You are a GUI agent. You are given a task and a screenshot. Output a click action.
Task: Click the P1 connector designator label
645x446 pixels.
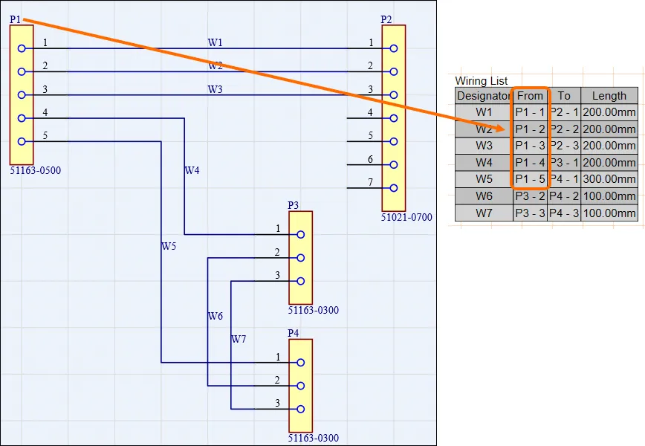click(x=15, y=19)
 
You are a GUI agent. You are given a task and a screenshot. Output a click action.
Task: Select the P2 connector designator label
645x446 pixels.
click(x=386, y=19)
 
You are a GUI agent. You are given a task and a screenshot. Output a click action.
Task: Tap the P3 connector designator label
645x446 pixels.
click(x=294, y=205)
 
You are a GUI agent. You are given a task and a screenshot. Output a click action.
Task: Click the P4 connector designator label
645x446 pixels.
click(x=294, y=333)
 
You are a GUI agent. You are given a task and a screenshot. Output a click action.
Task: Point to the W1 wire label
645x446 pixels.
click(x=215, y=43)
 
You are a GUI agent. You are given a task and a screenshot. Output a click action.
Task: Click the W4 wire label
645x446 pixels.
click(x=192, y=170)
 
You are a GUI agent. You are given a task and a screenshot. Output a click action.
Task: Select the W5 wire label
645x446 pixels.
click(x=169, y=245)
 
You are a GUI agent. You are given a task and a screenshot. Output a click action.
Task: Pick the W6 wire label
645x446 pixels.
click(x=215, y=316)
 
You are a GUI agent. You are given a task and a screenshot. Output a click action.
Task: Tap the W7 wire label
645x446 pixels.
click(x=239, y=339)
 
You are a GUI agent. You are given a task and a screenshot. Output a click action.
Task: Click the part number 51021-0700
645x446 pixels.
click(x=406, y=218)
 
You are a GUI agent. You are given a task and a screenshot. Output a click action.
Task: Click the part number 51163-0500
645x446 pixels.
click(x=36, y=170)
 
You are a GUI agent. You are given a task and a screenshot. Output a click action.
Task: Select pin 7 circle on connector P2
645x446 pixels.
click(x=393, y=188)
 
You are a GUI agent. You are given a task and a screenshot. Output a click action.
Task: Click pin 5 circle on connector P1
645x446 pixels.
click(x=22, y=141)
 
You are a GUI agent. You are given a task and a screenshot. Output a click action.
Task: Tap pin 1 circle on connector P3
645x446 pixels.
click(x=300, y=234)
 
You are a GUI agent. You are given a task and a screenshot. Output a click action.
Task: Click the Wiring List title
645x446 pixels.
click(x=482, y=81)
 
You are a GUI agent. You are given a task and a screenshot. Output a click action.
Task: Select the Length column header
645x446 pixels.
click(x=609, y=95)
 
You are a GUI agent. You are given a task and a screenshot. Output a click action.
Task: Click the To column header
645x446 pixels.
click(x=565, y=95)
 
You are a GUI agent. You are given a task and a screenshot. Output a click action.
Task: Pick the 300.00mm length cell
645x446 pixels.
click(x=609, y=179)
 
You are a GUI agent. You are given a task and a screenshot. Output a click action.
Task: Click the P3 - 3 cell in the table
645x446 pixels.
click(x=531, y=213)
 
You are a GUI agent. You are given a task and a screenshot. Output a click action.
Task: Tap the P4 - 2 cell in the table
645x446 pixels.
click(x=565, y=196)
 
